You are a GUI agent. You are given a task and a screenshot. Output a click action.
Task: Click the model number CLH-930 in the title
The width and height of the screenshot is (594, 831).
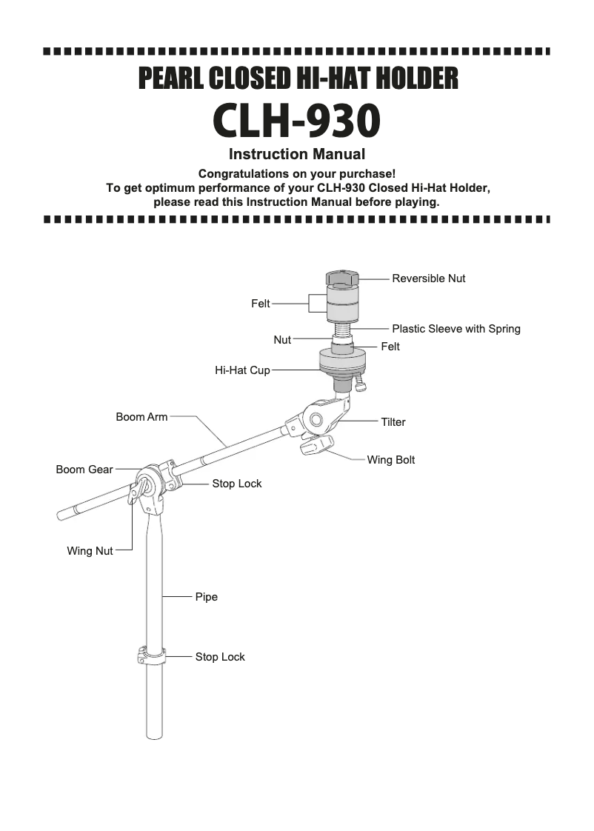click(297, 121)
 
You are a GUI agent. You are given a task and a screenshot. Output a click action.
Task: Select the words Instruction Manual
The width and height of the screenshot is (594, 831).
click(297, 155)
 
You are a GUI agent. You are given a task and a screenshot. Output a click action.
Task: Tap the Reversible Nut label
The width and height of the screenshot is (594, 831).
click(428, 278)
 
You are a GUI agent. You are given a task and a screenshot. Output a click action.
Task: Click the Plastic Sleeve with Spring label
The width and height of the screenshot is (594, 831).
click(455, 329)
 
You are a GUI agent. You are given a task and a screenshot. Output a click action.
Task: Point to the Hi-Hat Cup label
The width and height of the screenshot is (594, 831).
click(242, 370)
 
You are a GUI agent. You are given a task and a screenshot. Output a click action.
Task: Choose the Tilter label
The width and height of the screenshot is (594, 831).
click(393, 422)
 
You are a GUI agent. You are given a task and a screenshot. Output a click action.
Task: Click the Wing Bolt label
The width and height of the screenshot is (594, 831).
click(390, 460)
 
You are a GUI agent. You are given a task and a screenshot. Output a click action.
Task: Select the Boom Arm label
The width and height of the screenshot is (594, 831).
click(141, 417)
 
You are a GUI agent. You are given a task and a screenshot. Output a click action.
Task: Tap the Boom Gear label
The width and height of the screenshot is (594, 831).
click(84, 470)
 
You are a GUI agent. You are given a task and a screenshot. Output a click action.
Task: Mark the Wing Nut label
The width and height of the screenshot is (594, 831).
click(90, 551)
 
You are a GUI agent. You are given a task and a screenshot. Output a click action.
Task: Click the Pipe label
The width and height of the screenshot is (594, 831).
click(207, 596)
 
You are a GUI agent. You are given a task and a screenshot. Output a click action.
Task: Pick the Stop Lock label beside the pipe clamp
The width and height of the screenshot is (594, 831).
click(220, 657)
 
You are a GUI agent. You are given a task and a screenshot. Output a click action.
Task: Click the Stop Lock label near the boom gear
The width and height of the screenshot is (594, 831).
click(237, 484)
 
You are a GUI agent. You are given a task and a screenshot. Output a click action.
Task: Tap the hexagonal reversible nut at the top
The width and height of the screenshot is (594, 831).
click(342, 278)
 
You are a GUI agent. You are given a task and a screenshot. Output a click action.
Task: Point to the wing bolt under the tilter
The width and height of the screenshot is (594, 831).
click(317, 447)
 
